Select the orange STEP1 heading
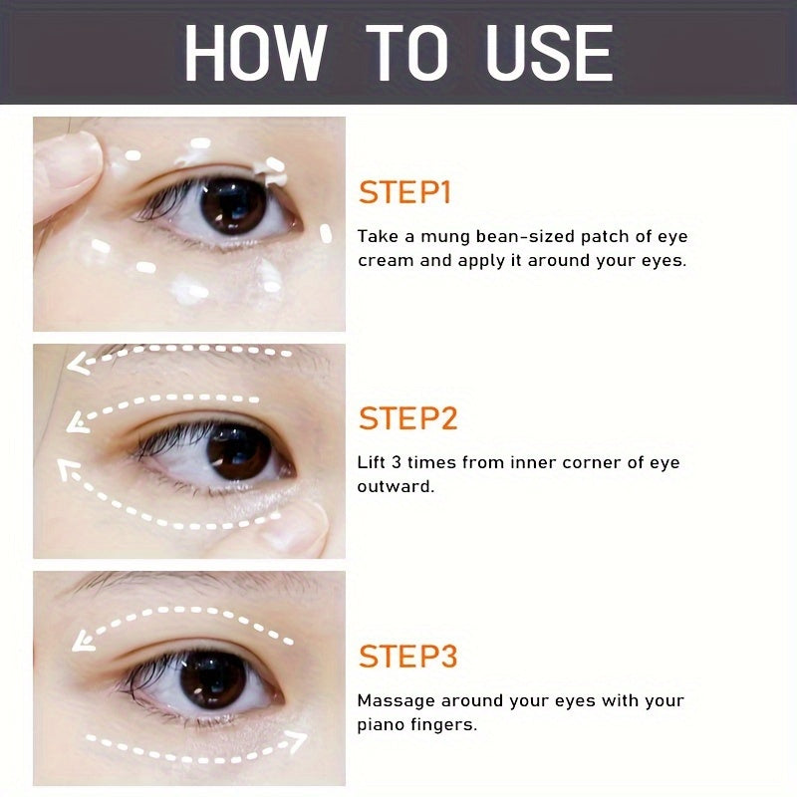click(404, 192)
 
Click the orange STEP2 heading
click(408, 418)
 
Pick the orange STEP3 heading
click(408, 657)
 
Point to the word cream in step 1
click(383, 262)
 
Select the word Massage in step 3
click(393, 700)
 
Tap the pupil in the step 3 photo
click(212, 677)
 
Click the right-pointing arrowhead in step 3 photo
click(297, 741)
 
